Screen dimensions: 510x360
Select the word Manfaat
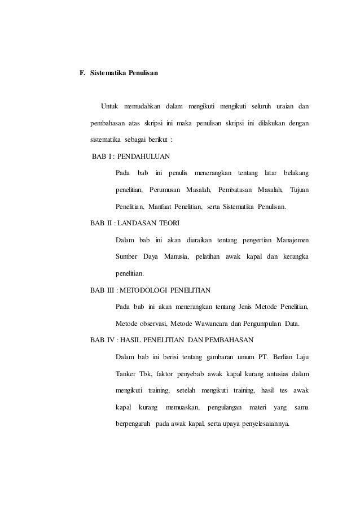tap(162, 207)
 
